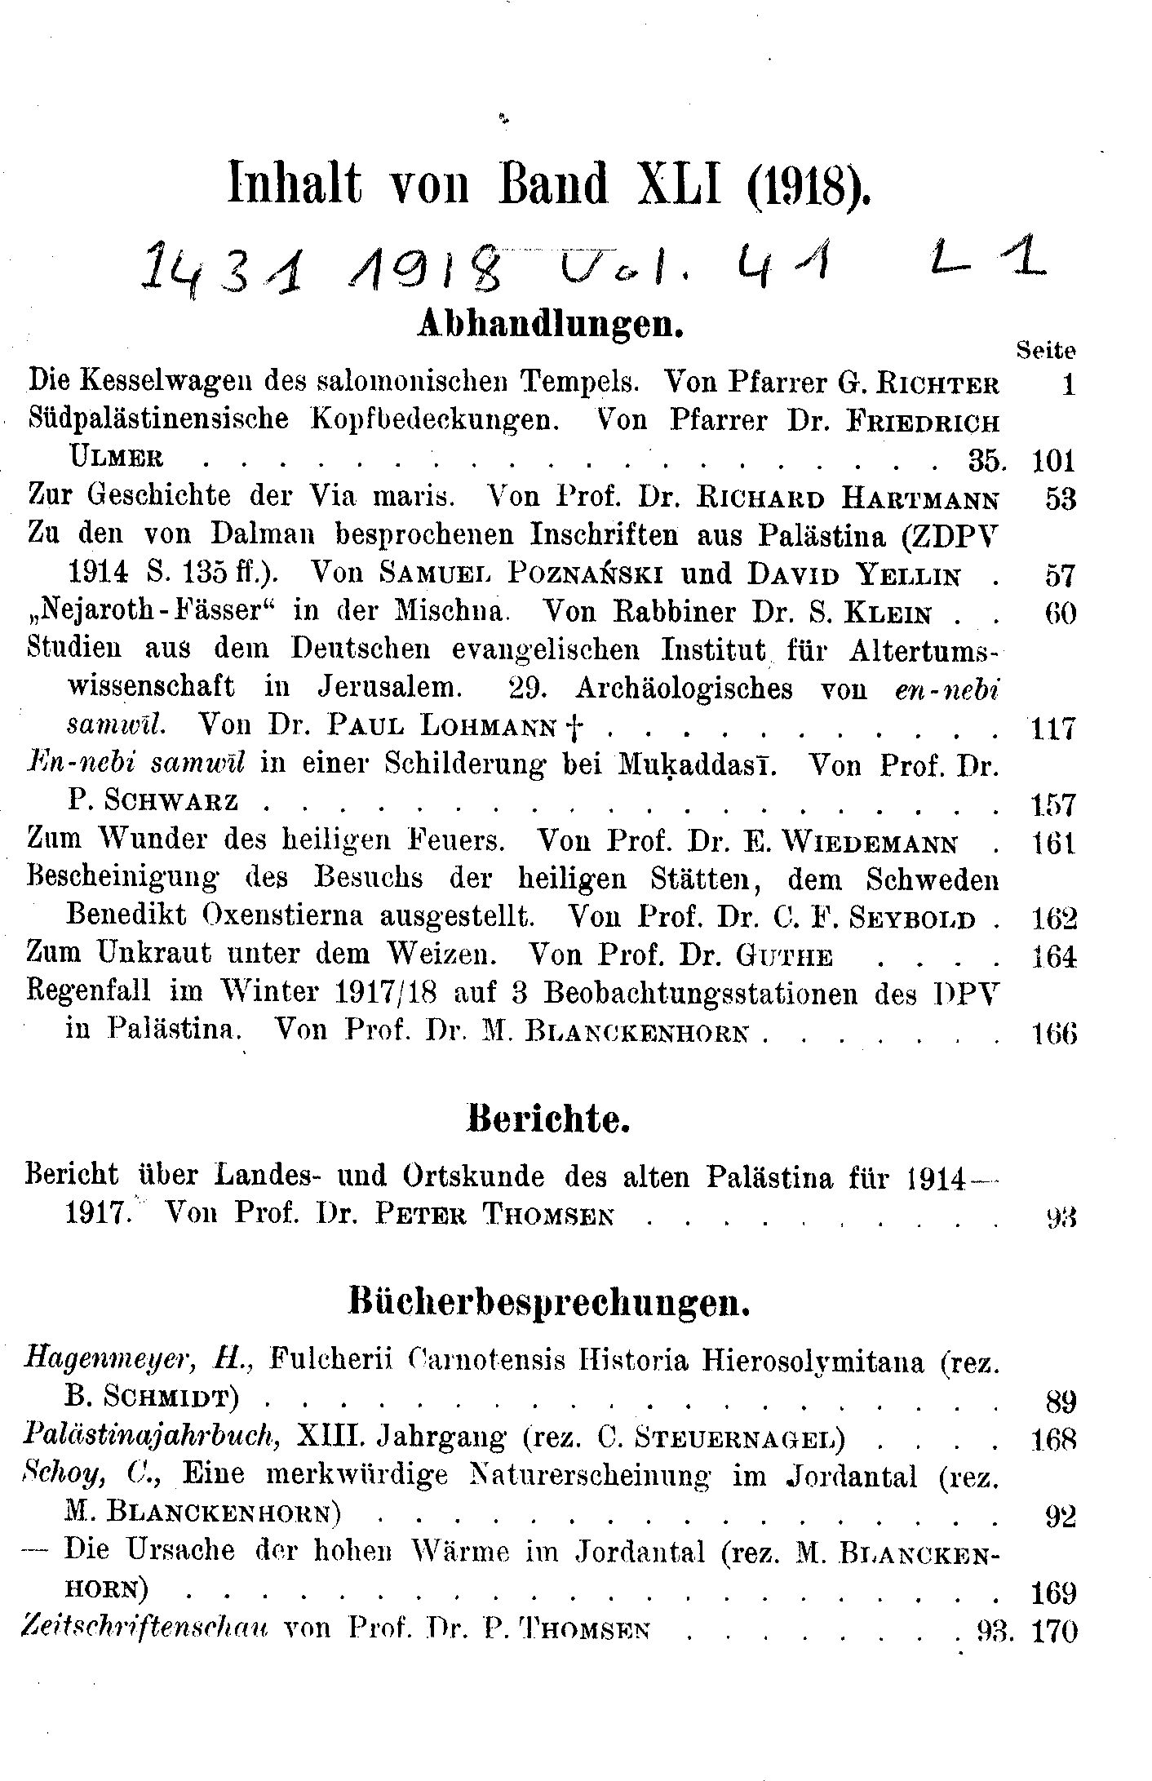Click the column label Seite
tap(1046, 350)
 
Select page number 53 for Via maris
tap(1061, 498)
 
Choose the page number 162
tap(1052, 919)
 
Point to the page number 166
tap(1052, 1033)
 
